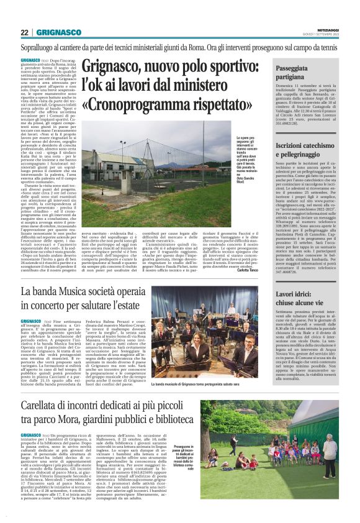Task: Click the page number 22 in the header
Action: (x=24, y=32)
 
